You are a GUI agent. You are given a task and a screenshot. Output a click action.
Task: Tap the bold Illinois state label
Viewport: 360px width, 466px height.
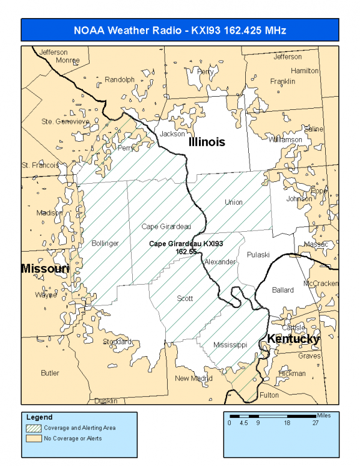206,142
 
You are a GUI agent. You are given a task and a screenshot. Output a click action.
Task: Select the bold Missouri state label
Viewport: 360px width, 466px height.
45,268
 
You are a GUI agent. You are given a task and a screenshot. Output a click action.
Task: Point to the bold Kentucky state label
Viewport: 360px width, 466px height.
293,339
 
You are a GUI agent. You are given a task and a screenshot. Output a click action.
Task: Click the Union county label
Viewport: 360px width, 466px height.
234,202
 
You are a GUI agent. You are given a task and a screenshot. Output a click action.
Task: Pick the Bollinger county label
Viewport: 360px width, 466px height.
105,243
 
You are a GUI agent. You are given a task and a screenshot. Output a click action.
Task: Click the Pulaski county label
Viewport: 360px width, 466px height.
258,255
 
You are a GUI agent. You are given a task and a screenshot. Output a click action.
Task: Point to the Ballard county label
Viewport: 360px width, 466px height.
282,290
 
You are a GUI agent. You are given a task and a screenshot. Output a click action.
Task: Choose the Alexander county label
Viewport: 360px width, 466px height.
220,262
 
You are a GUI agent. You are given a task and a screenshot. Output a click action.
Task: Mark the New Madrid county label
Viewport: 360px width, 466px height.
194,378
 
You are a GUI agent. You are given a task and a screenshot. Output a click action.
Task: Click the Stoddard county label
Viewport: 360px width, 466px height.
117,342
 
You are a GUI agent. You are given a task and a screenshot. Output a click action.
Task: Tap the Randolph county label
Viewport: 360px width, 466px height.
120,79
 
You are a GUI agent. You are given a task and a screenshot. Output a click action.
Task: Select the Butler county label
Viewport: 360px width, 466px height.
50,373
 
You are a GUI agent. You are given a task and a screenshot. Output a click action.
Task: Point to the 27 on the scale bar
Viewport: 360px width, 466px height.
314,423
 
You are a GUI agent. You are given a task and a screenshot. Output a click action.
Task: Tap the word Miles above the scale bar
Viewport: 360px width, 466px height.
324,415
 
